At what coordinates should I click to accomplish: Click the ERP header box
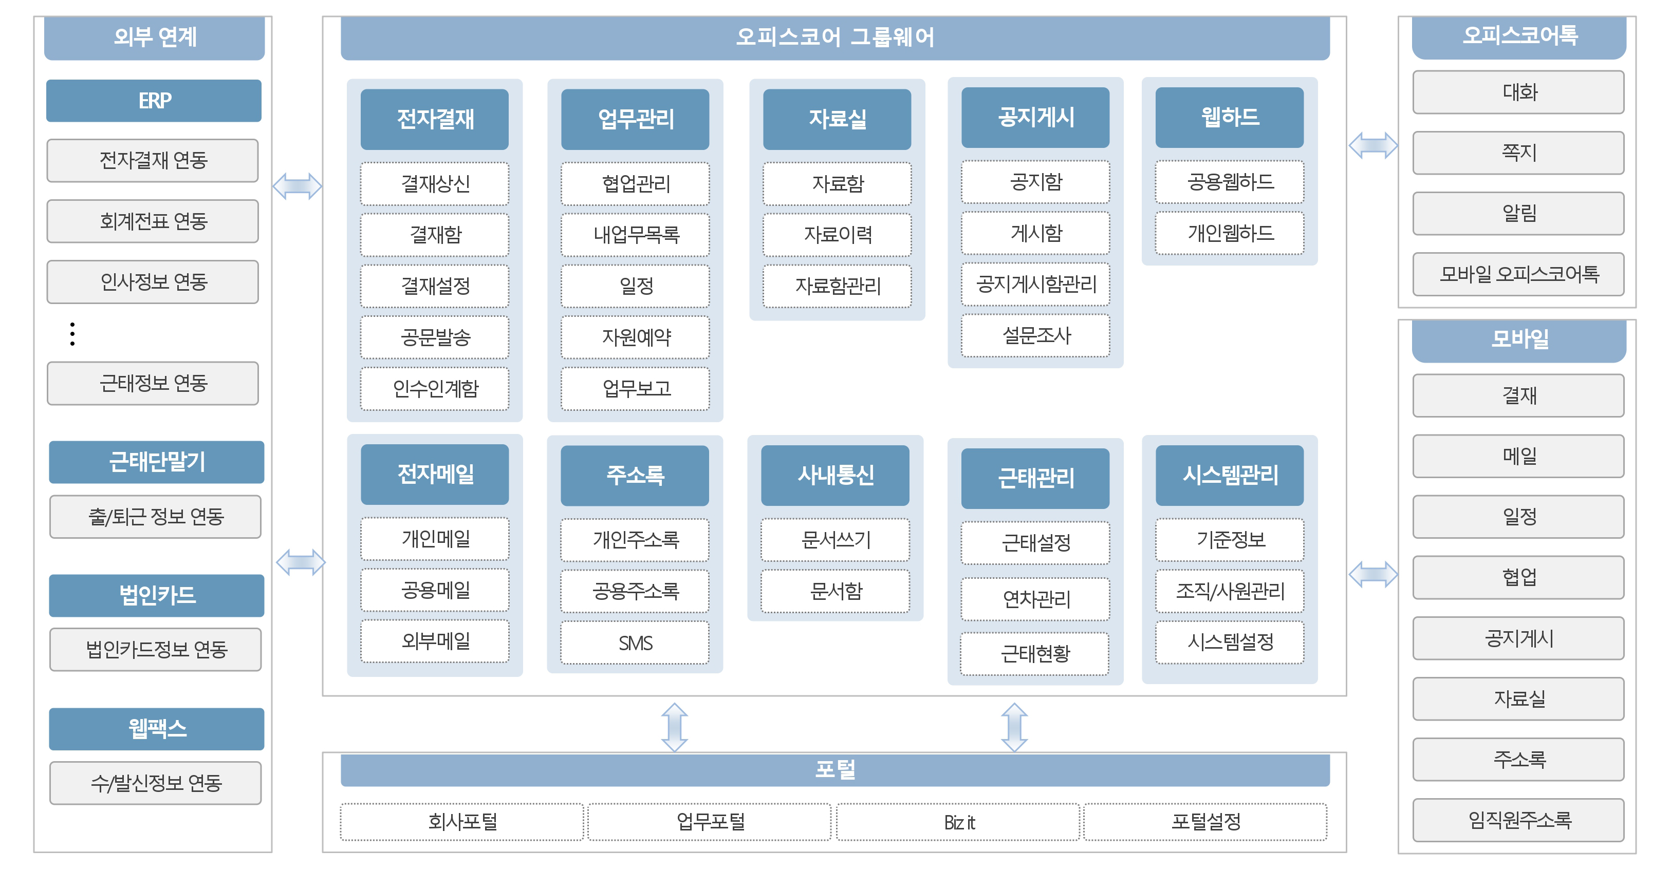point(154,101)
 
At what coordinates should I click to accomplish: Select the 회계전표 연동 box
point(153,221)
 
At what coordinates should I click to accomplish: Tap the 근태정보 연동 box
point(153,383)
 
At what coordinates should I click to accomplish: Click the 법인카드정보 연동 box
point(156,649)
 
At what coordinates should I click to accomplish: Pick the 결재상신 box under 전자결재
point(435,183)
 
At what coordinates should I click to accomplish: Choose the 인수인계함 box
point(435,388)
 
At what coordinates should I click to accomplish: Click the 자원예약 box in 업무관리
point(635,337)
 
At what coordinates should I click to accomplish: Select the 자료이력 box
point(838,235)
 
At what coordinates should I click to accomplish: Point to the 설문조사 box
point(1036,335)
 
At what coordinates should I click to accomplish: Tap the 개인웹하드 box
point(1230,233)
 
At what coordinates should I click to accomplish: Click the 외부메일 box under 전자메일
point(435,641)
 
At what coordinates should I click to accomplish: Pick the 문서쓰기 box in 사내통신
point(836,539)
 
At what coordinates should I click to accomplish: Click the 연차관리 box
point(1036,599)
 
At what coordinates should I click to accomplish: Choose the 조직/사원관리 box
point(1230,590)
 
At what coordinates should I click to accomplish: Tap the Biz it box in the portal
point(958,822)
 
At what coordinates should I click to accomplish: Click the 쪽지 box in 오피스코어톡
point(1518,153)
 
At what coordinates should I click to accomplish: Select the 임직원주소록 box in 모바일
point(1518,820)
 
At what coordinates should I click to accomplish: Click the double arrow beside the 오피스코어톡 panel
point(1373,145)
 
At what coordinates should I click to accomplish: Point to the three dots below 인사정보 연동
point(72,334)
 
